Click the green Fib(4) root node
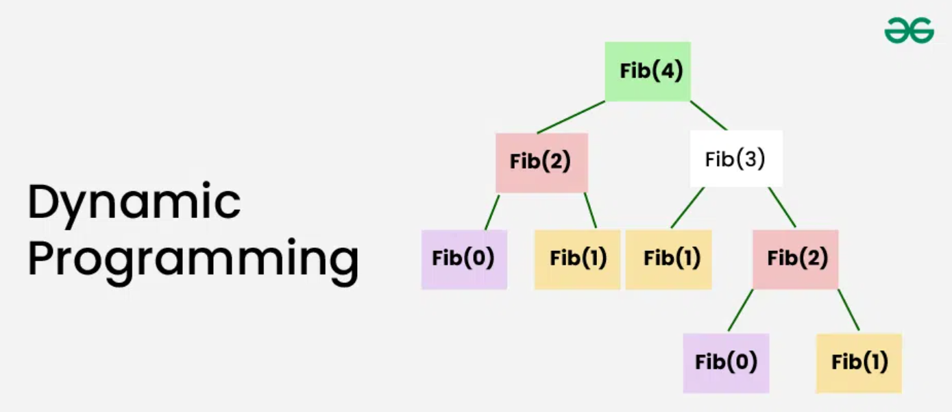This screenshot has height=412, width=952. pos(648,71)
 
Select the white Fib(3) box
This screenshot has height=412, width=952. pos(736,159)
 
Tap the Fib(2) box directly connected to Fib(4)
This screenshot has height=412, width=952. pos(541,162)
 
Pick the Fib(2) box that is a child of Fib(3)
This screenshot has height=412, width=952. pos(795,259)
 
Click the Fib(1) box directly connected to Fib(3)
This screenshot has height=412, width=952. pos(668,259)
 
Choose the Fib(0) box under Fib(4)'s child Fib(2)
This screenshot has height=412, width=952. pos(464,259)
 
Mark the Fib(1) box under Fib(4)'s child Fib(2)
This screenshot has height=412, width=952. pos(577,259)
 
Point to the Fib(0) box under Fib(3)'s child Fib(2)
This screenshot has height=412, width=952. pos(726,363)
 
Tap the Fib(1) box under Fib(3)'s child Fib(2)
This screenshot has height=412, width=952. pos(859,363)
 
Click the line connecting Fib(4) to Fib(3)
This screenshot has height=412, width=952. pos(708,115)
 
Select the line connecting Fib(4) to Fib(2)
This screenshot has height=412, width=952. pos(571,117)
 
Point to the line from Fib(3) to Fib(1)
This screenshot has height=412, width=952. pos(687,208)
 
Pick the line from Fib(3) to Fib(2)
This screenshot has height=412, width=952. pos(782,208)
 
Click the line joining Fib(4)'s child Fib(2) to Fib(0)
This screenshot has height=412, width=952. pos(492,212)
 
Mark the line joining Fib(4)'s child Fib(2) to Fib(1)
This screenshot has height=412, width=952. pos(590,210)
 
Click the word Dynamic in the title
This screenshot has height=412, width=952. pos(134,203)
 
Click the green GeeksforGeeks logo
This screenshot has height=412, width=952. pos(909,30)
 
